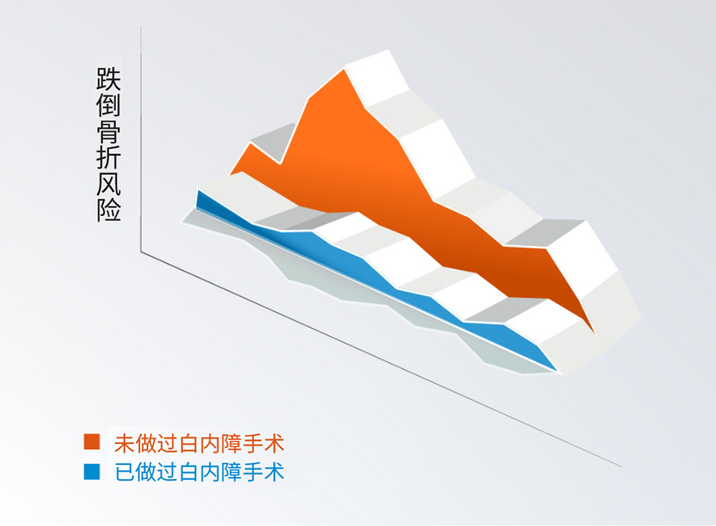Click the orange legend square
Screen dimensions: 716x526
92,442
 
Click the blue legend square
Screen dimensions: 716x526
92,471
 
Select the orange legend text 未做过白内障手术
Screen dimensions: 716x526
199,443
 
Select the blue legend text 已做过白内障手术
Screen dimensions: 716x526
199,471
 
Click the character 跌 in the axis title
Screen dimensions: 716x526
108,79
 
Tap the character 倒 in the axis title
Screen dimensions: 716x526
108,105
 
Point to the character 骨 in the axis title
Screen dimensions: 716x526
108,131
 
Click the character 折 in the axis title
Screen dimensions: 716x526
108,158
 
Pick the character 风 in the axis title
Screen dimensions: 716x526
108,184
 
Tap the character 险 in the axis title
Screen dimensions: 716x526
108,209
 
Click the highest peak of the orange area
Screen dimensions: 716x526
345,69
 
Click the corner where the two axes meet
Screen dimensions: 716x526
141,252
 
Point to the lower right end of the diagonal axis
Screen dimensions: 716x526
622,467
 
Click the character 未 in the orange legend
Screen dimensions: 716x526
124,443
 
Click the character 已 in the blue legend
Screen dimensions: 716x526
124,471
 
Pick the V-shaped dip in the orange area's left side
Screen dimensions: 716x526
280,164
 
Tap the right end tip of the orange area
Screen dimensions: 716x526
598,338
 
